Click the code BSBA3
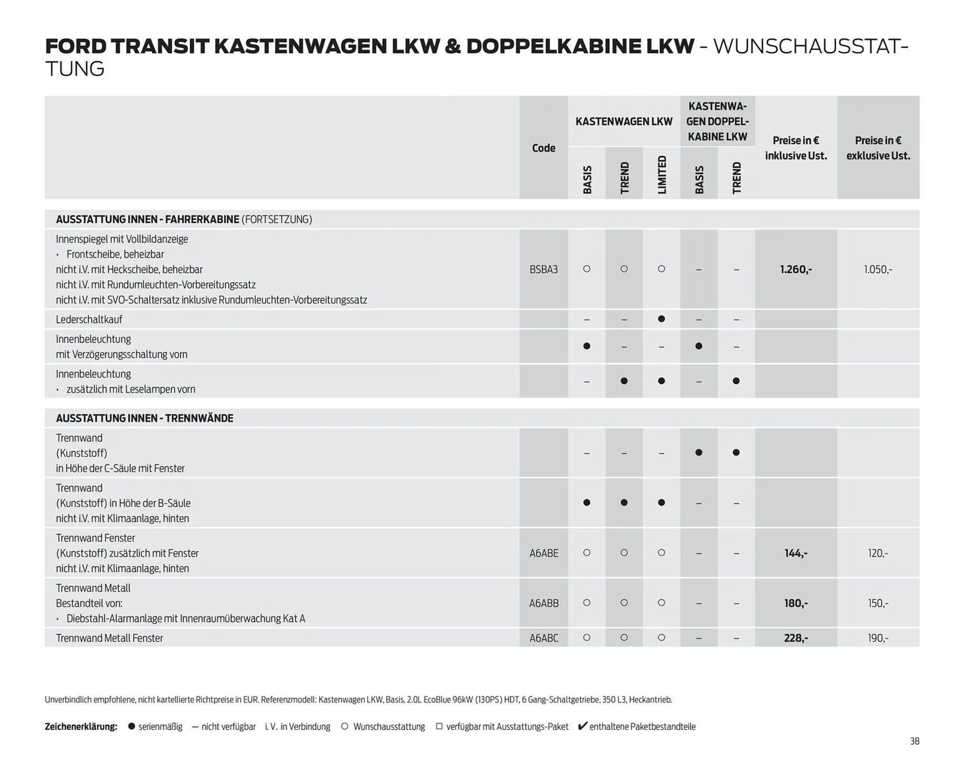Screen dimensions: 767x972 [543, 270]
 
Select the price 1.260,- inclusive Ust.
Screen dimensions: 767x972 [795, 270]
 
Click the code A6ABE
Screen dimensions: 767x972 [543, 553]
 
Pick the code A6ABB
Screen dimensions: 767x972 [543, 603]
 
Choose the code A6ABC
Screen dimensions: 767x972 [543, 638]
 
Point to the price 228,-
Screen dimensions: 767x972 [795, 638]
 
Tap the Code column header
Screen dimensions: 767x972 [543, 148]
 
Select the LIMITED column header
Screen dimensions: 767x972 [662, 174]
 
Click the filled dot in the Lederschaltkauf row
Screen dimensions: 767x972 [661, 319]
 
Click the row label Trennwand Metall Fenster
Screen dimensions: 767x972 [109, 638]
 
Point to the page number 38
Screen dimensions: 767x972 [914, 741]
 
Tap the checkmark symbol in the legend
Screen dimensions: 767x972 [582, 726]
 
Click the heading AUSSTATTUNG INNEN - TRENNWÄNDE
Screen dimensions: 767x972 [144, 418]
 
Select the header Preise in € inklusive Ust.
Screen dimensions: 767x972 [795, 148]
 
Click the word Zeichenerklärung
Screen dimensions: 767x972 [81, 726]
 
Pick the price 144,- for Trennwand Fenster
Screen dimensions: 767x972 [795, 553]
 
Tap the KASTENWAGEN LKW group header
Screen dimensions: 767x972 [624, 122]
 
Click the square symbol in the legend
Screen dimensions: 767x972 [439, 726]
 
